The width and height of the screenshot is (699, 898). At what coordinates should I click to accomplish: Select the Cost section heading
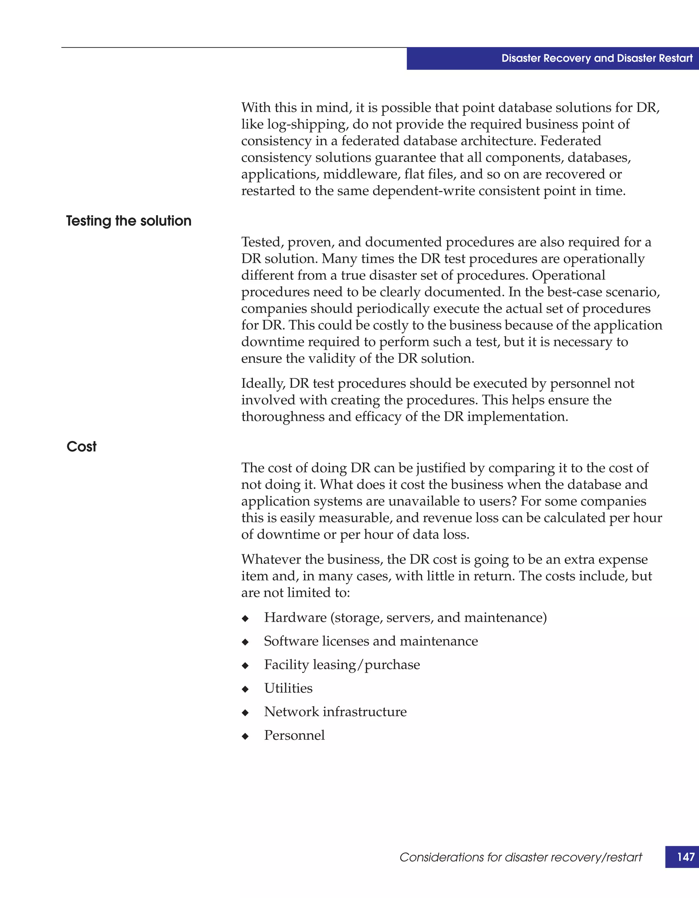[x=82, y=446]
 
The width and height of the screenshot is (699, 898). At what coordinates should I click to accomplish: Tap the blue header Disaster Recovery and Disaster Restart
[x=597, y=58]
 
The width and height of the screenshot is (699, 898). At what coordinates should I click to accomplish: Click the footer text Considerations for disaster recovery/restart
[x=520, y=857]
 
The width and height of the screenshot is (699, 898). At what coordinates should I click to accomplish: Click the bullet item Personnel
[x=294, y=735]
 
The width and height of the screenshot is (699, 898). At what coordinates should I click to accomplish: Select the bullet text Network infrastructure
[x=335, y=712]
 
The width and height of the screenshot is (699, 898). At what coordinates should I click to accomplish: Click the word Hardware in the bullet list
[x=295, y=618]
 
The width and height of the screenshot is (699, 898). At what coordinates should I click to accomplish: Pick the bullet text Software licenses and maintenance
[x=370, y=641]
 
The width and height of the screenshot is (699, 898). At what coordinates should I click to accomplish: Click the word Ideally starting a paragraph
[x=263, y=384]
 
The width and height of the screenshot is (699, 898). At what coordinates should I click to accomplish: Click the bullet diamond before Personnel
[x=245, y=736]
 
